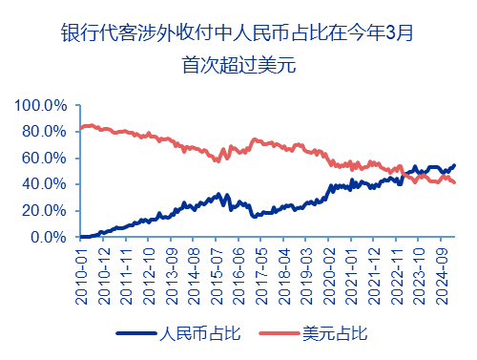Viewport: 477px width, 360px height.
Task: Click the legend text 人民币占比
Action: (195, 333)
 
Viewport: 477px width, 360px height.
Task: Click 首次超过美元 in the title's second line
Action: (238, 66)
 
